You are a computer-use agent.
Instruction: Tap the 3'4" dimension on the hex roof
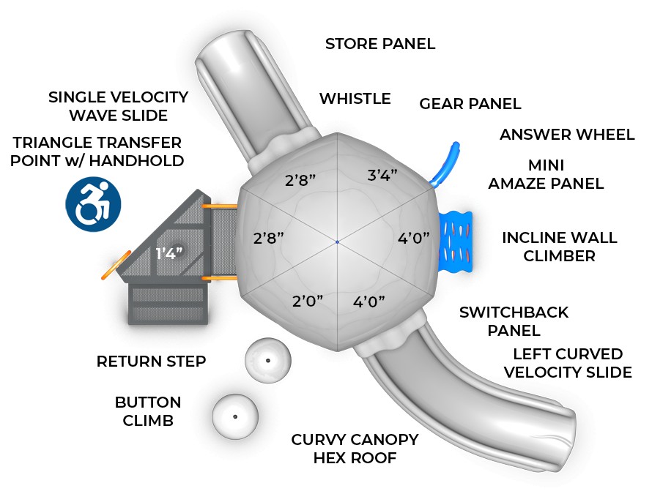click(x=382, y=175)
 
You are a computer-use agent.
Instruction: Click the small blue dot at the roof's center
click(x=337, y=242)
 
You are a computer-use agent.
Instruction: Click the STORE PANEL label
click(x=380, y=44)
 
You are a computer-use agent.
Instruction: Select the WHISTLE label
click(x=355, y=98)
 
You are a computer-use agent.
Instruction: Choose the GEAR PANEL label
click(x=470, y=104)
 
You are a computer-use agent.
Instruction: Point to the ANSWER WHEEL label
click(x=567, y=135)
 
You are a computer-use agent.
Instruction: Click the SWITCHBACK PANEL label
click(x=514, y=321)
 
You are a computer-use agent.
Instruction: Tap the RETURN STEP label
click(x=151, y=361)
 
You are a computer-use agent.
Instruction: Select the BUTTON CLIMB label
click(x=148, y=411)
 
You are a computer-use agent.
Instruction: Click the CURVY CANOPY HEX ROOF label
click(x=355, y=449)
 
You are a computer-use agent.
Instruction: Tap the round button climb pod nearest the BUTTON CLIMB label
click(x=235, y=416)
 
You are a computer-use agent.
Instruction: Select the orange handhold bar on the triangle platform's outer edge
click(x=116, y=265)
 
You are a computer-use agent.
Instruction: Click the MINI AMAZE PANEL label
click(x=546, y=174)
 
